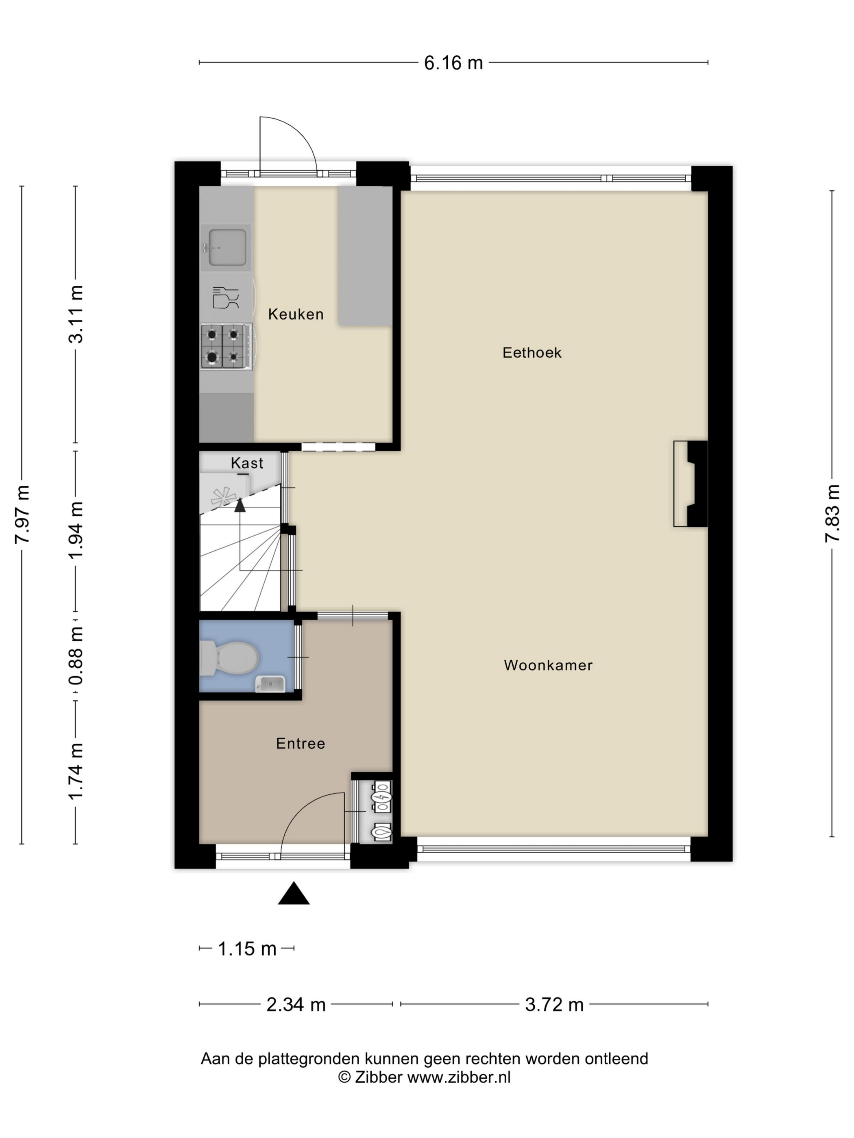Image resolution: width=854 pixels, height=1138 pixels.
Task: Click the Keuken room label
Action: [x=296, y=314]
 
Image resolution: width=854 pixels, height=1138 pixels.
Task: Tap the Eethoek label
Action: [x=532, y=352]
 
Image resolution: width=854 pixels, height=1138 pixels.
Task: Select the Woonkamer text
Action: [x=548, y=665]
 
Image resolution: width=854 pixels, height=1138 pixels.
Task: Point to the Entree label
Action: [x=301, y=743]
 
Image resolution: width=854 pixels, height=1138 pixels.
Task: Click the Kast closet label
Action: [x=247, y=463]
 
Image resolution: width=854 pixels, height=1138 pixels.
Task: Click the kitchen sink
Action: [x=226, y=248]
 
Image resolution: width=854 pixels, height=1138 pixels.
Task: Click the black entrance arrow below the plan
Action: [x=294, y=893]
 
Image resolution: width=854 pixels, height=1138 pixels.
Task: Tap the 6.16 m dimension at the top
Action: [x=453, y=63]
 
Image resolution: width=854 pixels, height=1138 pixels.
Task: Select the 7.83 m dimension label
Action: [x=832, y=513]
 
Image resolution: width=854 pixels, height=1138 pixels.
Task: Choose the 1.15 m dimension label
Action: [x=247, y=949]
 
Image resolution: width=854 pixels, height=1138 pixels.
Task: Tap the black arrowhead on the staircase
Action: [x=240, y=505]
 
